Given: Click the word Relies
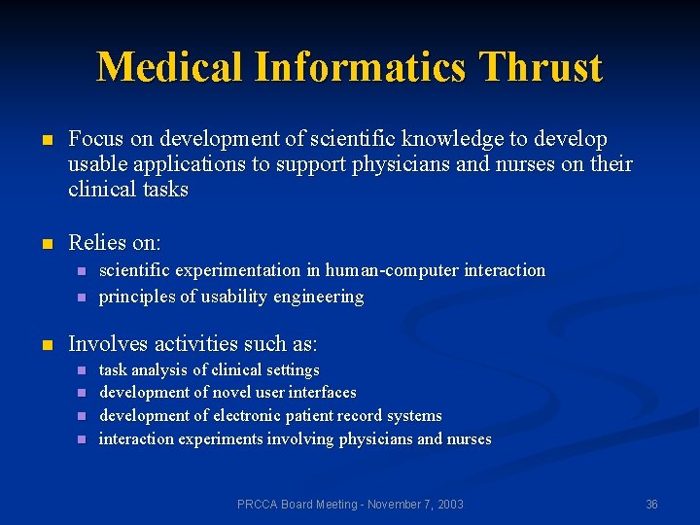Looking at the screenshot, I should tap(98, 242).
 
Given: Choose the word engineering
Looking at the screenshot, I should tap(318, 297).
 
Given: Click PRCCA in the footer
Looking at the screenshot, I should tap(259, 504).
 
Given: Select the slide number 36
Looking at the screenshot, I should tap(651, 504).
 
